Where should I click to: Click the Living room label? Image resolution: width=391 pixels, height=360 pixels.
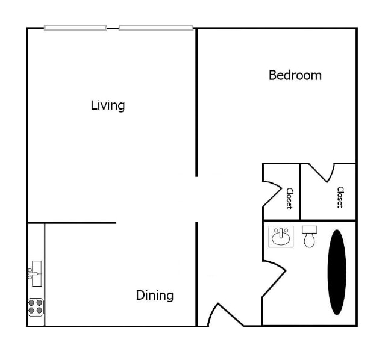[108, 105]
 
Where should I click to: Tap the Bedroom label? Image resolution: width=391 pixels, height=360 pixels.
[295, 75]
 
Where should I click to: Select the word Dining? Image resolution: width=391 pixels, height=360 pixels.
[154, 295]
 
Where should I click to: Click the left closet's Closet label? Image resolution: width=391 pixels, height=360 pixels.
[289, 198]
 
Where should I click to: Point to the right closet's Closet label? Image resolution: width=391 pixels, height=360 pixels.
[340, 197]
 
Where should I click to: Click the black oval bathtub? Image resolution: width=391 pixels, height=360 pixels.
[337, 272]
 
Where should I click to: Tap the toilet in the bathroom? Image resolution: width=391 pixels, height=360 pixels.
[310, 240]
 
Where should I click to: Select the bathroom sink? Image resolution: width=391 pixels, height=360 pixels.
[281, 237]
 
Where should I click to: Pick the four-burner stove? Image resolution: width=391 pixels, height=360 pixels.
[36, 307]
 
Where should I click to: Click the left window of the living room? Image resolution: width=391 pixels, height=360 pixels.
[75, 28]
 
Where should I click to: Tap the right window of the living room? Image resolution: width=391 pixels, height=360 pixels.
[156, 28]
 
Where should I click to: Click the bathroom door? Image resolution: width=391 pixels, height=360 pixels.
[274, 279]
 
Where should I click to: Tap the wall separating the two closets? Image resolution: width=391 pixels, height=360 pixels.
[300, 191]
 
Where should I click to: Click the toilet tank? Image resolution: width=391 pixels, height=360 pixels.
[310, 229]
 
